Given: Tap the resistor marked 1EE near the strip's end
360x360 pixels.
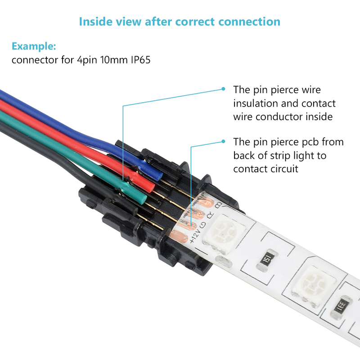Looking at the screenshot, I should click(x=343, y=307).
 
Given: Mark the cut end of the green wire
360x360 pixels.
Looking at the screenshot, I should click(x=140, y=198).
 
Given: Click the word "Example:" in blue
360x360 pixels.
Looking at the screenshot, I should click(x=34, y=46).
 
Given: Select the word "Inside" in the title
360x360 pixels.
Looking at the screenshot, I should click(x=95, y=21).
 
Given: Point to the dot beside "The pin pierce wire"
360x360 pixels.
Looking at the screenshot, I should click(x=223, y=89).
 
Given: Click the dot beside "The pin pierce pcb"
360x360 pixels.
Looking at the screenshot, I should click(x=223, y=141).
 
